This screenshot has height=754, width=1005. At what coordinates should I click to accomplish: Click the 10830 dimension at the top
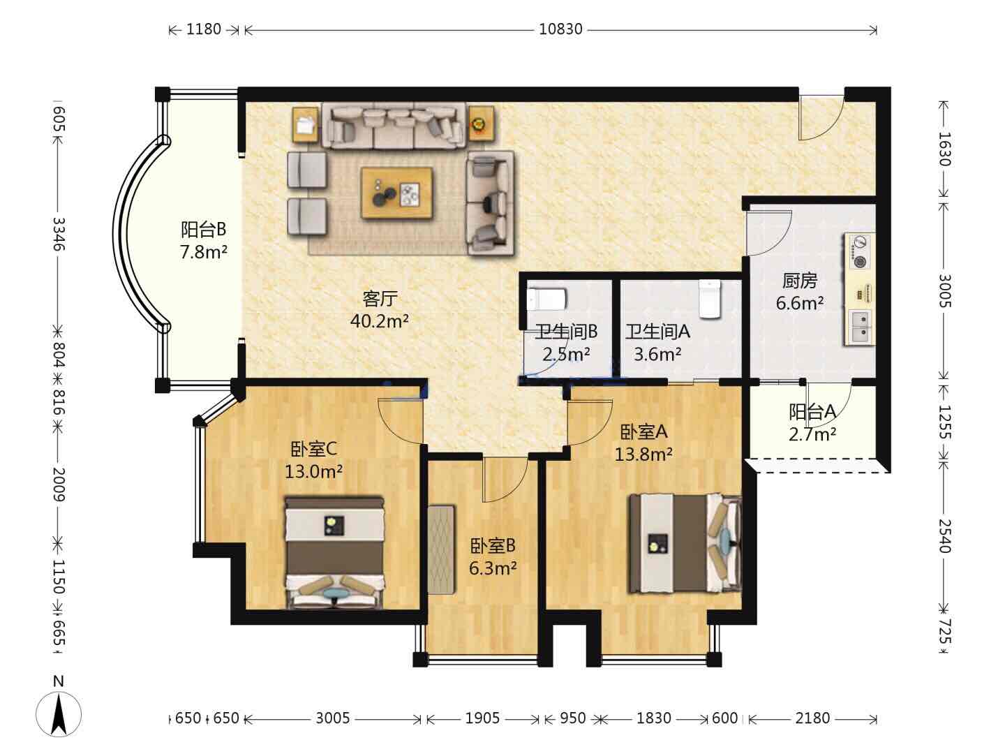tap(560, 29)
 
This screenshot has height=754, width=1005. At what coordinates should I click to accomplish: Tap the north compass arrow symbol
tap(59, 714)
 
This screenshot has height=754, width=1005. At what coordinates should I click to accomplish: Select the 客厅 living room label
tap(380, 299)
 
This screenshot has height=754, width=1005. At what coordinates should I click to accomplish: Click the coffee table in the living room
tap(396, 193)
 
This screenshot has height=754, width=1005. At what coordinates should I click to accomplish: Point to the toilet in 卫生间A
tap(709, 299)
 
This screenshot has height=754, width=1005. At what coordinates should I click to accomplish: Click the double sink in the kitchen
tap(860, 328)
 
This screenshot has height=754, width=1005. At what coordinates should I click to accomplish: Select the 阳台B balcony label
tap(203, 229)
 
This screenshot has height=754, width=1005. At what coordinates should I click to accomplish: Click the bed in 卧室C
tap(335, 552)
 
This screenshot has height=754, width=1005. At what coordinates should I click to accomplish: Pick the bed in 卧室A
tap(685, 543)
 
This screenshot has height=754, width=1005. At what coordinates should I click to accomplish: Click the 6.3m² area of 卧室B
tap(493, 568)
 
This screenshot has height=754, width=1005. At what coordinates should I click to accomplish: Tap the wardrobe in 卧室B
tap(441, 549)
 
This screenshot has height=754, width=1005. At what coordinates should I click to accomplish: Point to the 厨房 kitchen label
tap(799, 281)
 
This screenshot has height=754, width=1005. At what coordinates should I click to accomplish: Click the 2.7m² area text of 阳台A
tap(812, 434)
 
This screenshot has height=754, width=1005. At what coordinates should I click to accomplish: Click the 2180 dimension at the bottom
tap(812, 718)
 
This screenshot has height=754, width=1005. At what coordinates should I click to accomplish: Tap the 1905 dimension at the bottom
tap(482, 718)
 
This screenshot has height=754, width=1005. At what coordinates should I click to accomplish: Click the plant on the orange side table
tap(479, 123)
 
